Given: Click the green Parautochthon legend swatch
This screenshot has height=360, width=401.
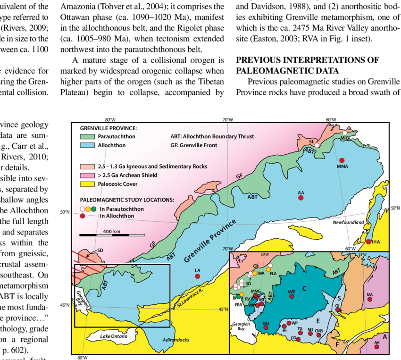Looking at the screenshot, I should (86, 137).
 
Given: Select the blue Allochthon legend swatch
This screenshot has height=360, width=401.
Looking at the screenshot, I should (86, 145).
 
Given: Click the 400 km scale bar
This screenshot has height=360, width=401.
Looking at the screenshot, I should (111, 234).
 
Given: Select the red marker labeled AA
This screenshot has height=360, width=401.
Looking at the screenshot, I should (300, 199).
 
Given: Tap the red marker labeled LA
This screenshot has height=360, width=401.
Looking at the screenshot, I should (199, 276).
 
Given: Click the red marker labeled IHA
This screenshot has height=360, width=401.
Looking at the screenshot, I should (368, 242).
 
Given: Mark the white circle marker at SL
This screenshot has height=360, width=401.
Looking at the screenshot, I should (318, 145).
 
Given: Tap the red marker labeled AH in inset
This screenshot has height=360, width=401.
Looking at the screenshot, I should (376, 347).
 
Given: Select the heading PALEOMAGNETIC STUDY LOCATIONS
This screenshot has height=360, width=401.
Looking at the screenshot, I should (127, 200).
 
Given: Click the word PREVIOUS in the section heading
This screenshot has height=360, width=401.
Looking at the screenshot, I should (256, 60).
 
